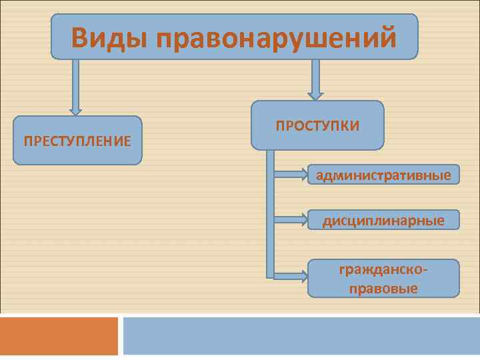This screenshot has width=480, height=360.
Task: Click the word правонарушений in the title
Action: (x=277, y=37)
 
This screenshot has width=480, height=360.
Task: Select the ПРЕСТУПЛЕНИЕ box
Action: (x=77, y=141)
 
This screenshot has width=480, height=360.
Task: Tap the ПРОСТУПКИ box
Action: (x=317, y=125)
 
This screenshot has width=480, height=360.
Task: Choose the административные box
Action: (x=383, y=175)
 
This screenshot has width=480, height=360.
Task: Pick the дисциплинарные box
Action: (x=383, y=220)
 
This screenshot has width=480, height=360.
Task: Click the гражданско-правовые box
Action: (x=383, y=279)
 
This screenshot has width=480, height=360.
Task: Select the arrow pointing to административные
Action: (x=290, y=175)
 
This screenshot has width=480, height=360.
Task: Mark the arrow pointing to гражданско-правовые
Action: (x=290, y=274)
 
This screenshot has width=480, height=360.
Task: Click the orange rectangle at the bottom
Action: (x=59, y=336)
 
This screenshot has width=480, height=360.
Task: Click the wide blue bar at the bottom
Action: (x=301, y=336)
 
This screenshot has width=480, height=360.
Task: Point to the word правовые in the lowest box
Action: (x=383, y=288)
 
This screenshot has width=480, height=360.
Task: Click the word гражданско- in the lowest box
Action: (x=383, y=270)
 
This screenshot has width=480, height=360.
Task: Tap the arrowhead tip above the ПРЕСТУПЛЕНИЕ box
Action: (x=76, y=113)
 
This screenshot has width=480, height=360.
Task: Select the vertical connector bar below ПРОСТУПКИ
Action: (x=270, y=213)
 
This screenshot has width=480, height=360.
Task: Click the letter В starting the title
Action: (x=81, y=37)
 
